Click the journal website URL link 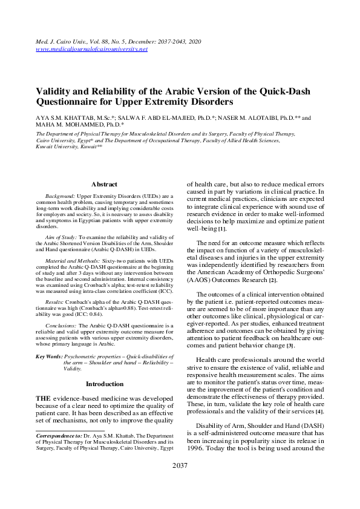[92, 49]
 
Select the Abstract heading [104, 184]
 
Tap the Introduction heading [104, 384]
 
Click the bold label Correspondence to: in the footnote [59, 435]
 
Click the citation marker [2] [273, 280]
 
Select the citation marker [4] [319, 412]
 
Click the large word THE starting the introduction [47, 397]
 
